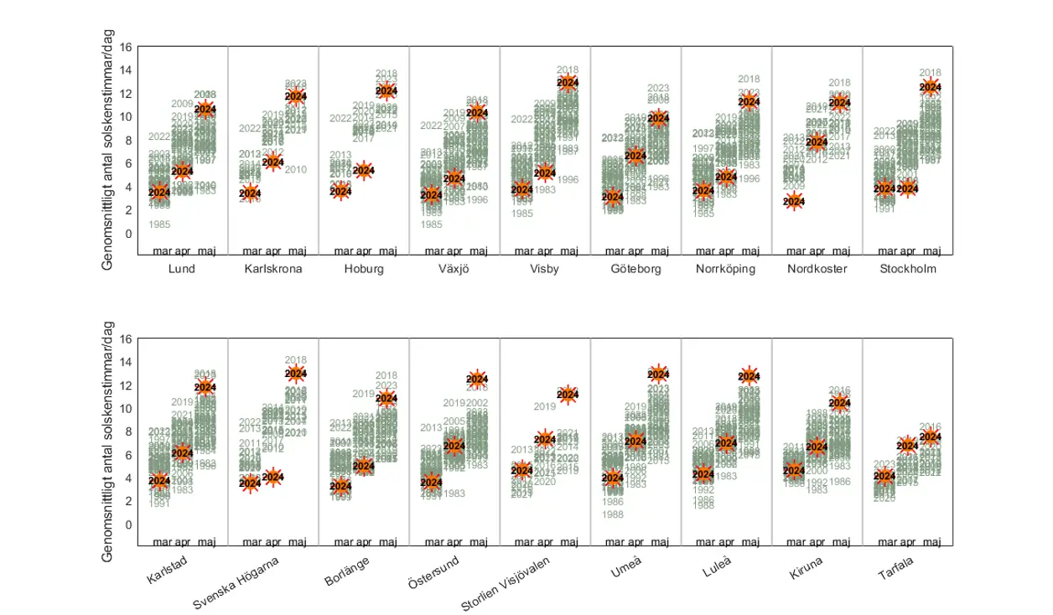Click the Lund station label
[182, 270]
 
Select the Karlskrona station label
[273, 270]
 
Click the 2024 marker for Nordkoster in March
[794, 201]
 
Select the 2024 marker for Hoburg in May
[386, 91]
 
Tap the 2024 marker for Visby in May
[568, 83]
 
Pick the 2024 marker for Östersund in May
[477, 379]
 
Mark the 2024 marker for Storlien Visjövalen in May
[568, 395]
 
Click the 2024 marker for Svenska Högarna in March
[250, 483]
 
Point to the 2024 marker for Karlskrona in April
[272, 162]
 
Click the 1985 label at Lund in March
[159, 225]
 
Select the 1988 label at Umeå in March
[613, 514]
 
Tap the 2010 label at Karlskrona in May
[296, 170]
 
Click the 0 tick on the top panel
[129, 234]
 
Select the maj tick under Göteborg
[659, 251]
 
